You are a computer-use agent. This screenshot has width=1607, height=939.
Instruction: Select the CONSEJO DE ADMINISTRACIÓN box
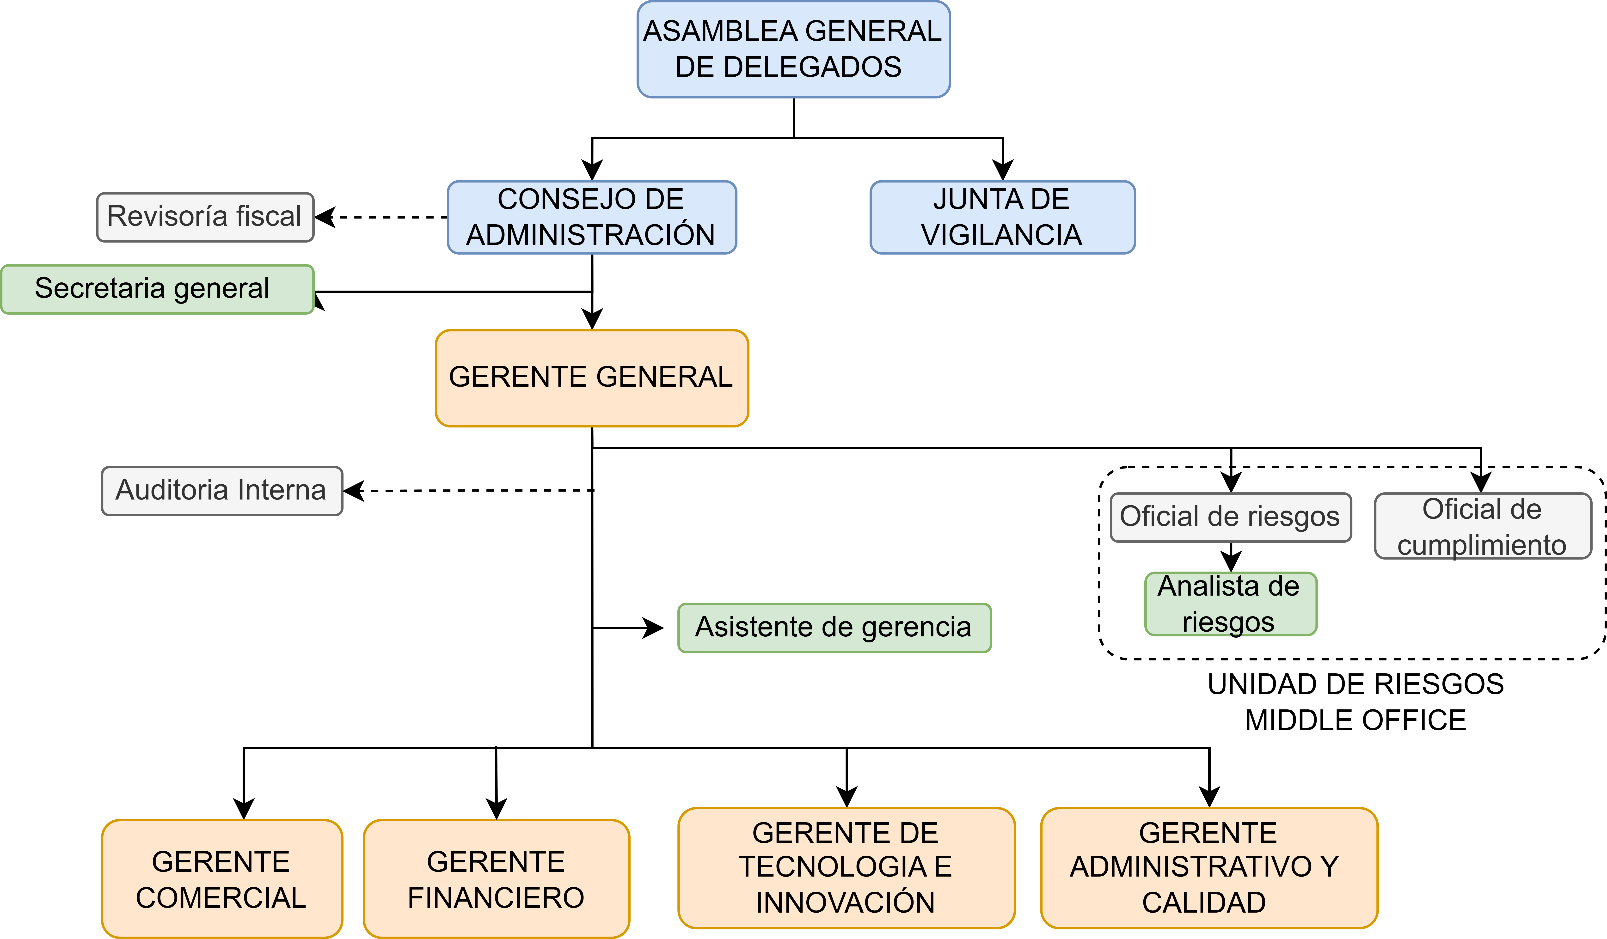pos(592,217)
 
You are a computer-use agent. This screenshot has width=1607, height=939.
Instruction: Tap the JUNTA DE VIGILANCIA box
pos(1002,217)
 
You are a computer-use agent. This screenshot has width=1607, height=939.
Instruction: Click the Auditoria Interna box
pos(222,491)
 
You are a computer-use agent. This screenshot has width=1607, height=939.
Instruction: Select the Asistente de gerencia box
pos(834,628)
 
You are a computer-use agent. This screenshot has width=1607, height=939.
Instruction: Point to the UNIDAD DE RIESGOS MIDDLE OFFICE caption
pos(1356,702)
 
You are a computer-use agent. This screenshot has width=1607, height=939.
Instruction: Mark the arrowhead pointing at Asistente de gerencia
pos(654,628)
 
